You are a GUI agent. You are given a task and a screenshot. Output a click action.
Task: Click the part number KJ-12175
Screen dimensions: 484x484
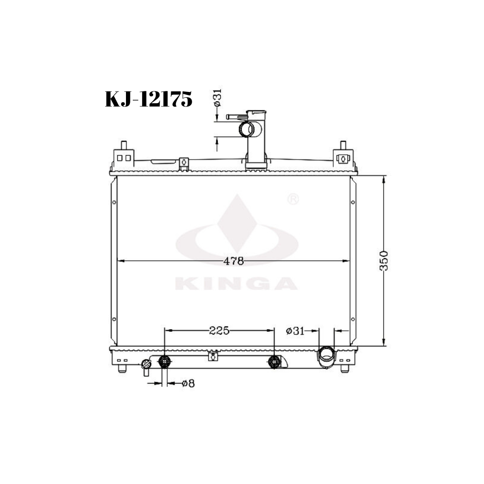click(x=149, y=100)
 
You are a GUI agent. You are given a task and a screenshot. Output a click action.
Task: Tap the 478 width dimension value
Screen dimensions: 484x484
click(x=233, y=261)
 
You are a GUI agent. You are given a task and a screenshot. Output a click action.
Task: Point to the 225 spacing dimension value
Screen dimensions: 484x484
click(x=219, y=331)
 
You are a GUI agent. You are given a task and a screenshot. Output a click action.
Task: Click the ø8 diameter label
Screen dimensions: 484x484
click(x=188, y=384)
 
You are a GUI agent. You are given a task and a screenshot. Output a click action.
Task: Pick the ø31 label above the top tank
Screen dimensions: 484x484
click(x=217, y=99)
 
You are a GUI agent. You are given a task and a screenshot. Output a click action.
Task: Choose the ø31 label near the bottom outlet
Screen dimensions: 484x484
click(x=295, y=331)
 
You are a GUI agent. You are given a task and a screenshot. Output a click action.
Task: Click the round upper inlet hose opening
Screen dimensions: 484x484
click(x=247, y=130)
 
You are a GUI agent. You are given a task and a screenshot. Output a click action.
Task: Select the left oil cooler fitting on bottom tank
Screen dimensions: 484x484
click(x=165, y=361)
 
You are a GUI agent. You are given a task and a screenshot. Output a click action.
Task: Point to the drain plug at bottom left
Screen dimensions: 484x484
click(x=145, y=366)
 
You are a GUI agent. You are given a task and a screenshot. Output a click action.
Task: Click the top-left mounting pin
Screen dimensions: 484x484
click(x=124, y=145)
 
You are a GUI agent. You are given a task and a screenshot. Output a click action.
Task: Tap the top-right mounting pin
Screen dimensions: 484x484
click(x=343, y=145)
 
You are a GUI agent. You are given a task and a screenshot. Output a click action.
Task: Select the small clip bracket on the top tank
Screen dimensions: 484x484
click(x=183, y=162)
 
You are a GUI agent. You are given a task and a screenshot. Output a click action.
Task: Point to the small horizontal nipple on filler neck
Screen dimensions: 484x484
click(x=235, y=117)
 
